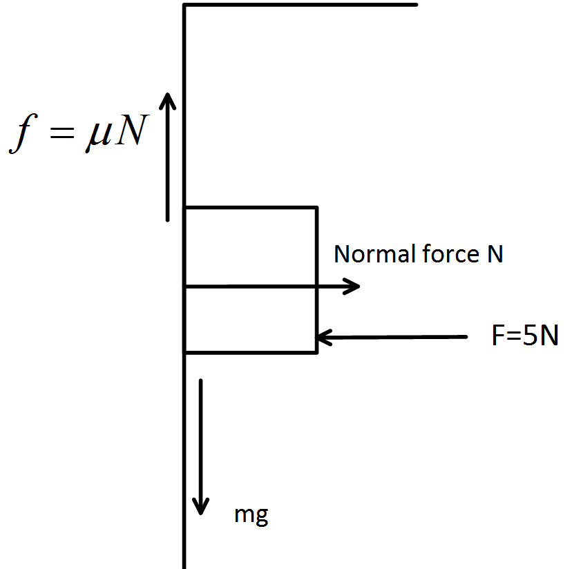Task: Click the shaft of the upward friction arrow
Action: coord(168,166)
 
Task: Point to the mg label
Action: coord(251,515)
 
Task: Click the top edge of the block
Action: coord(250,207)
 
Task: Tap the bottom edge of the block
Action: coord(250,353)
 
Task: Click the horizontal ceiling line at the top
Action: coord(301,5)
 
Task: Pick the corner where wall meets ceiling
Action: coord(184,6)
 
